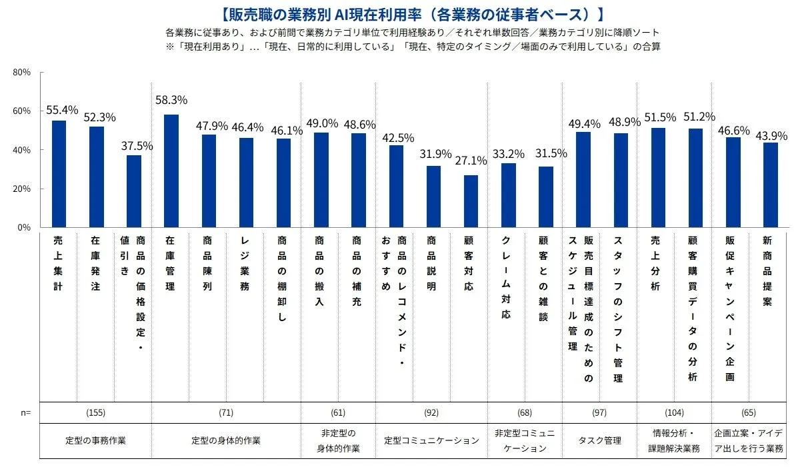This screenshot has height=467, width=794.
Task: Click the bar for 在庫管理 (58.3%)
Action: point(171,171)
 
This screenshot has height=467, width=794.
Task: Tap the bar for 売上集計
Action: point(59,174)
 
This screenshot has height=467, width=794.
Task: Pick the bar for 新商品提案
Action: point(770,185)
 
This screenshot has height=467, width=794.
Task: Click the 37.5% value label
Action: point(136,146)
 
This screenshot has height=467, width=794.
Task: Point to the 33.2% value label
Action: point(509,153)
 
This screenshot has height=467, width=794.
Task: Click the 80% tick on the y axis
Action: point(22,72)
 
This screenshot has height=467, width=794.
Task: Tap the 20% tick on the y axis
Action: point(22,189)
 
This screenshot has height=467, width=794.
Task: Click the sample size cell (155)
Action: point(96,413)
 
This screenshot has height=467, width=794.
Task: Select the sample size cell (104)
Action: point(674,413)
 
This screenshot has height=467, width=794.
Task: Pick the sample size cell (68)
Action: point(525,413)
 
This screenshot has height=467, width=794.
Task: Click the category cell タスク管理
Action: point(599,440)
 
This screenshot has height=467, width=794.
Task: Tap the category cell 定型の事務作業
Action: point(96,440)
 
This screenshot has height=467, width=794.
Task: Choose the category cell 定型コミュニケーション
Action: point(431,440)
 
